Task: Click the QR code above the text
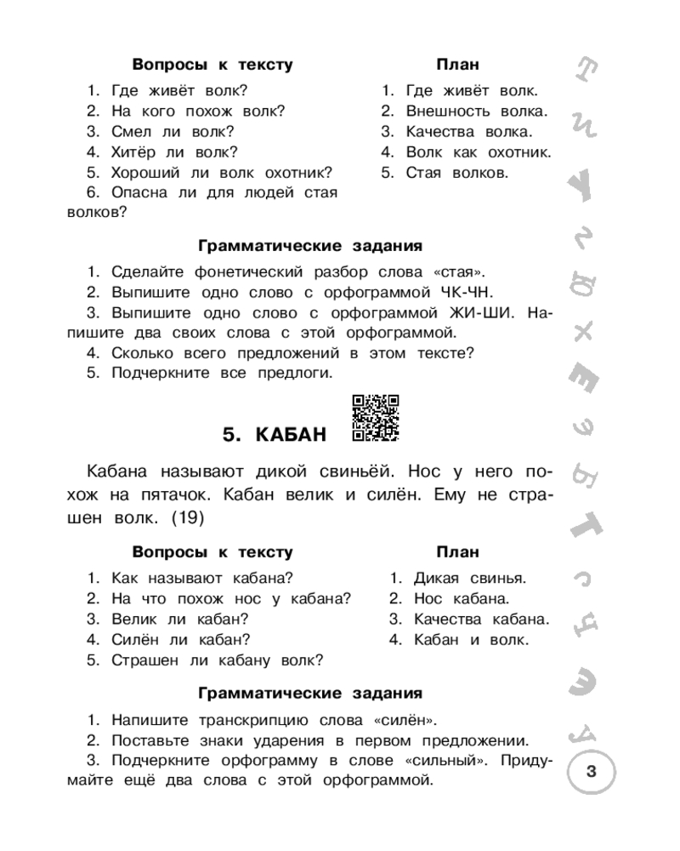pos(375,419)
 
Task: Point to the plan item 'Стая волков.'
pos(456,173)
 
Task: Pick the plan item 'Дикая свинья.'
pos(470,578)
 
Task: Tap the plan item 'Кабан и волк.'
pos(470,639)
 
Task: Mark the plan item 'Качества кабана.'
pos(481,619)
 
